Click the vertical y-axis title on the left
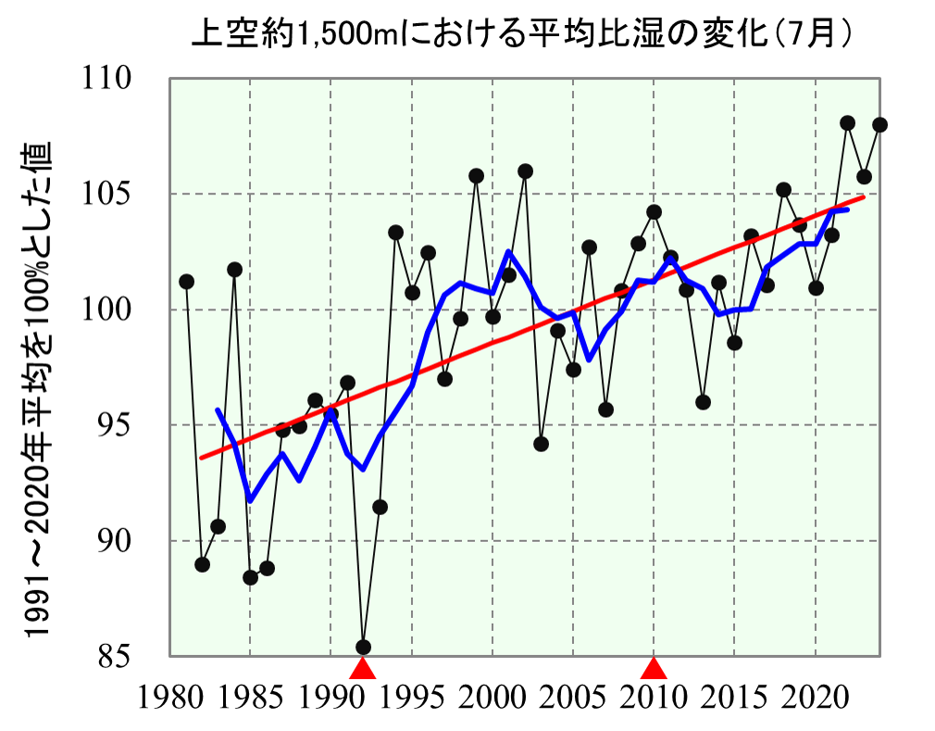tap(36, 388)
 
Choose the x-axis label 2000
tap(492, 697)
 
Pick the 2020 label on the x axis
tap(816, 697)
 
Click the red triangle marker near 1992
tap(363, 668)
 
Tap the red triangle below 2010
tap(654, 668)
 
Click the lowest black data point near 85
tap(364, 647)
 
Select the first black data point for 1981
tap(186, 282)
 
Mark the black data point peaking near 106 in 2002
tap(525, 171)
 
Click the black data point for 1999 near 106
tap(477, 176)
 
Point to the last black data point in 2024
tap(880, 124)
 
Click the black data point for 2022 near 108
tap(848, 123)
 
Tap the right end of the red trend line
tap(864, 196)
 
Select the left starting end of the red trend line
tap(201, 458)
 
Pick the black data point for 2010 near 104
tap(654, 212)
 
